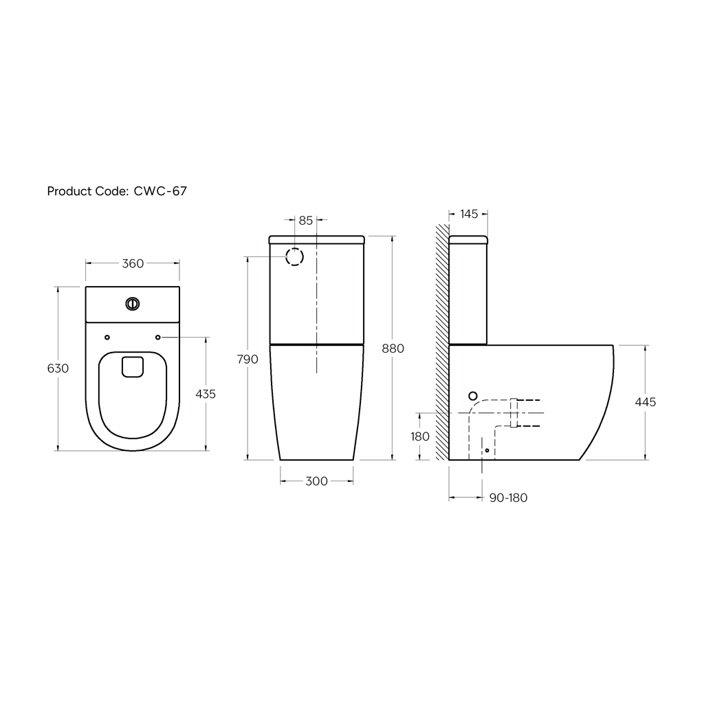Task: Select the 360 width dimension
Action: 132,262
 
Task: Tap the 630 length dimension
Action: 58,368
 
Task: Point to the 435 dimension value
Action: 206,394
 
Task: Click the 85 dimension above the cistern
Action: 306,221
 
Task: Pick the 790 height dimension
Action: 247,360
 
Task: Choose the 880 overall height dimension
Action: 393,349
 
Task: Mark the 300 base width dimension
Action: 316,481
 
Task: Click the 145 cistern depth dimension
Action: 469,214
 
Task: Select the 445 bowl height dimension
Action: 646,402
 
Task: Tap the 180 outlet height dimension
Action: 419,437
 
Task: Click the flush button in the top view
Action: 132,303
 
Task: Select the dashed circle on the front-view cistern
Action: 294,257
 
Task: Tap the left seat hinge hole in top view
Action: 107,337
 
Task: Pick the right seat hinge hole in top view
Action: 157,337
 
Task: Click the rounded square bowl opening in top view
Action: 132,366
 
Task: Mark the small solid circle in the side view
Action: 472,395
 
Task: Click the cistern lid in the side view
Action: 468,240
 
